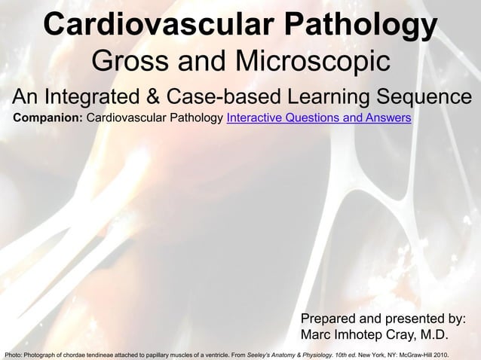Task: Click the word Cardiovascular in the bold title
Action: pos(152,26)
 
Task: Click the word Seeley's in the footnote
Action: pos(259,354)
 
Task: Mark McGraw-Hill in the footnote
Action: pos(420,354)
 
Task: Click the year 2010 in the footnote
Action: pos(447,354)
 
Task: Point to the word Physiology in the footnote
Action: pos(320,354)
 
